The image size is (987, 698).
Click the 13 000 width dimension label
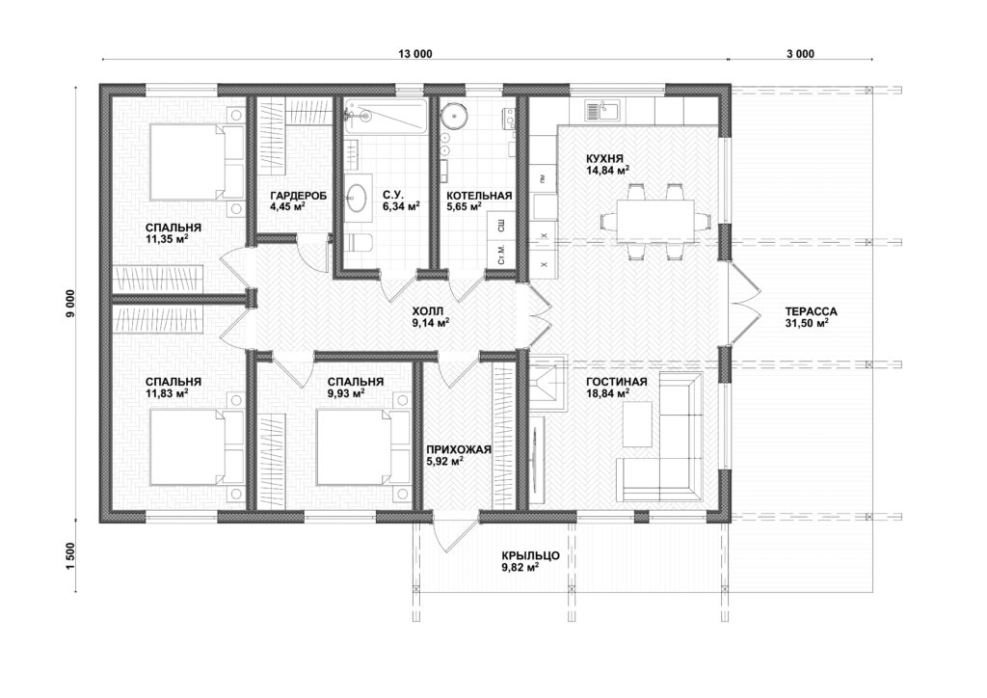(414, 54)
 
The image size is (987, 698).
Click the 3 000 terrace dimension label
(800, 54)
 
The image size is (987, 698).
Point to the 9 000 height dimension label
(70, 304)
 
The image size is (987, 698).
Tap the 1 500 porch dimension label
(70, 556)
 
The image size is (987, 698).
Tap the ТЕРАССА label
(811, 311)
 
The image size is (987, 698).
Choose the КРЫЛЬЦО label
(531, 555)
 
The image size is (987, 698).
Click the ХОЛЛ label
(427, 311)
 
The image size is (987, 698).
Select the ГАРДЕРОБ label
(299, 195)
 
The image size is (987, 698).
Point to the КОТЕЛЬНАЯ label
(479, 195)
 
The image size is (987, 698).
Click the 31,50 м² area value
(807, 323)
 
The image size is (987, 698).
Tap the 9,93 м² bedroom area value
(347, 393)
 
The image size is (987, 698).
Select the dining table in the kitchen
(655, 220)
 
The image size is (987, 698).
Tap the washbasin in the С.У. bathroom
(357, 198)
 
